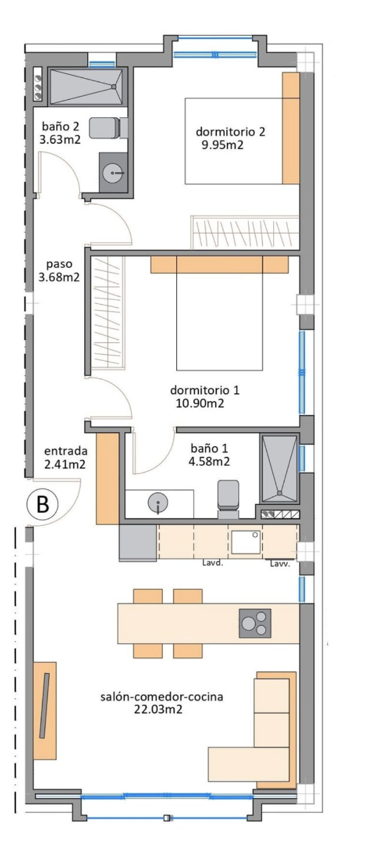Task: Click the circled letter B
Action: tap(43, 504)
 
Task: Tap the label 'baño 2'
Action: tap(60, 125)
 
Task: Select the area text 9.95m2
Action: tap(223, 145)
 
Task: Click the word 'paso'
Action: tap(59, 264)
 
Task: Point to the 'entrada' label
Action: tap(66, 451)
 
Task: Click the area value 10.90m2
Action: tap(200, 403)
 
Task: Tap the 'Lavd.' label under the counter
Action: tap(213, 563)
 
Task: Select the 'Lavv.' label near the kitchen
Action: tap(280, 564)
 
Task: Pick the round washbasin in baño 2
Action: tap(112, 173)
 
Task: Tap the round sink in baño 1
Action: tap(158, 502)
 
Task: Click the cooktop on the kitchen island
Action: tap(255, 623)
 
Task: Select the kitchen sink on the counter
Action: tap(246, 542)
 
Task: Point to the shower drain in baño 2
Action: tap(113, 86)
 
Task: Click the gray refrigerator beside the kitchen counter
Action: tap(138, 543)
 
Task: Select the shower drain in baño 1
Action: tap(280, 492)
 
